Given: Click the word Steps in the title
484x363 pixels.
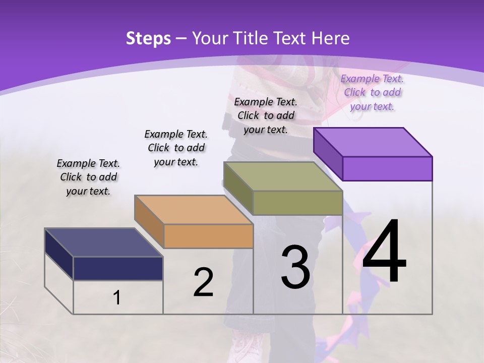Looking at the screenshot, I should click(x=148, y=38).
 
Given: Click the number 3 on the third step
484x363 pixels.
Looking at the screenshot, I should click(x=295, y=267).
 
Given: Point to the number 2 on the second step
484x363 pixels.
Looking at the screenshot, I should click(x=203, y=282).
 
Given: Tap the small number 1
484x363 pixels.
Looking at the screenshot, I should click(x=117, y=298).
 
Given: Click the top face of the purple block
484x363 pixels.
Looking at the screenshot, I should click(x=373, y=142).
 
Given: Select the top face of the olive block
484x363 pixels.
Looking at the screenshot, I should click(x=283, y=176).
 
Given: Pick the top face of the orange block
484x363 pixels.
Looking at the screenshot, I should click(x=194, y=210).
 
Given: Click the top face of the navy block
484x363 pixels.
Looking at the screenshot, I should click(x=104, y=243).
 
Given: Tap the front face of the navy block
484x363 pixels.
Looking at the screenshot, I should click(x=118, y=269).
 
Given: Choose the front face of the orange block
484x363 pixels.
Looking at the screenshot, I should click(x=208, y=236).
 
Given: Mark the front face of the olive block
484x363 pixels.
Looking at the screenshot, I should click(x=297, y=203).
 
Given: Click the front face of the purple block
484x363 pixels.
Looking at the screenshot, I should click(x=387, y=168).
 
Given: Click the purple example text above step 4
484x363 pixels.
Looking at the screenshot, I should click(x=372, y=93).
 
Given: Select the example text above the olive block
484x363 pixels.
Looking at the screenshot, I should click(x=266, y=115).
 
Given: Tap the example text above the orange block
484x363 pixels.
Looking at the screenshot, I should click(x=176, y=148).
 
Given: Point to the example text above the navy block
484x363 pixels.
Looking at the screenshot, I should click(x=88, y=177).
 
